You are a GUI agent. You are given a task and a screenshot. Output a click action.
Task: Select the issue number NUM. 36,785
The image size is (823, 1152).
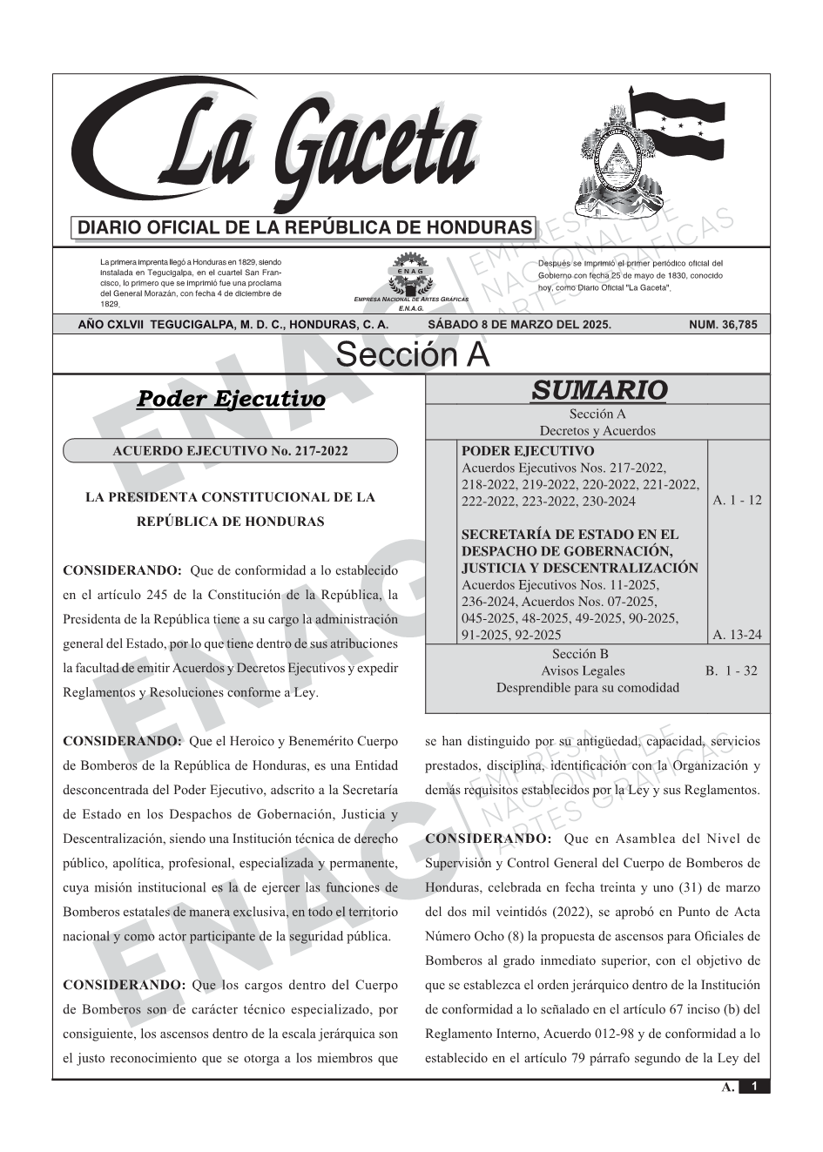click(x=723, y=325)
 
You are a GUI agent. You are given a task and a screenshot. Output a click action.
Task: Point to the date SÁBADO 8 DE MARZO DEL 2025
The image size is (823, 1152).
click(x=519, y=325)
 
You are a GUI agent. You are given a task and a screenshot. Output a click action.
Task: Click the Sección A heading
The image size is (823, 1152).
click(x=412, y=355)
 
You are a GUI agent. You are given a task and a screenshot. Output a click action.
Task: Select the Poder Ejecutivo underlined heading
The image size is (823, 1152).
click(x=231, y=399)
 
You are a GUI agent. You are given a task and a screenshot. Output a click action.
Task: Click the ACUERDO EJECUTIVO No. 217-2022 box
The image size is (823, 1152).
click(x=230, y=451)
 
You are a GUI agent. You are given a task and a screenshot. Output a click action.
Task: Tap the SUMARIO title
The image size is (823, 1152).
click(x=599, y=390)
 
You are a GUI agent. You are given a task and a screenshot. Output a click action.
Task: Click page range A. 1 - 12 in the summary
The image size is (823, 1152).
click(x=737, y=501)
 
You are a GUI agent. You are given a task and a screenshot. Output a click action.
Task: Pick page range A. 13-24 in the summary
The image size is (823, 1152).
click(x=737, y=635)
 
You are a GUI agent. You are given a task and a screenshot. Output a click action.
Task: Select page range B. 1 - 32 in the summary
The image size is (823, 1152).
click(x=732, y=670)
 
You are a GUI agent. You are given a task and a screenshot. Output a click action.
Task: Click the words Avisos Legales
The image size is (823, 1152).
click(x=583, y=670)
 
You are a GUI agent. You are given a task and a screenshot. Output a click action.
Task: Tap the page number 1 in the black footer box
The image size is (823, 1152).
click(x=754, y=1086)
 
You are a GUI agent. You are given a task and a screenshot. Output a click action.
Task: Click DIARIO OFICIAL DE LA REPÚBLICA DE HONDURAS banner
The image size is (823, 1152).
click(x=305, y=228)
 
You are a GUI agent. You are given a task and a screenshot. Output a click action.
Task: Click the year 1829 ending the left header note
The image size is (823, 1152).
click(x=109, y=304)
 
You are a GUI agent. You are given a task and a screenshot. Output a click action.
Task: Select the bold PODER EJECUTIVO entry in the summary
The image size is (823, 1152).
click(x=528, y=451)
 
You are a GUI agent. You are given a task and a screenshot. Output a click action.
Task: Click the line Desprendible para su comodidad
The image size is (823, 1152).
click(x=587, y=687)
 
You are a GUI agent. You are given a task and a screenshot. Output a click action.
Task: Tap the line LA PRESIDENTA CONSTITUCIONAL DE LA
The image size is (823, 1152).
click(x=230, y=497)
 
